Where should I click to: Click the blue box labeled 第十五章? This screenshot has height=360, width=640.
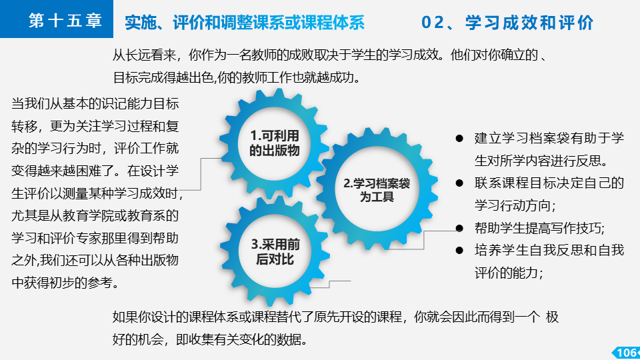click(56, 19)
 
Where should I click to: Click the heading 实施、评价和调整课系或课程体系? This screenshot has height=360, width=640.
click(245, 23)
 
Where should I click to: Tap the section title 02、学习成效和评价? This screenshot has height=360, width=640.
click(507, 23)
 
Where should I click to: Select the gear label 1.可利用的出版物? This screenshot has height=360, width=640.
click(274, 143)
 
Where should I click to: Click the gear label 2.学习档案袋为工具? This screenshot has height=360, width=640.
click(377, 190)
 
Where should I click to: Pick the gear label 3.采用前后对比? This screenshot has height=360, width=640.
click(275, 251)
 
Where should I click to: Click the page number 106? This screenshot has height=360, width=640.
click(627, 353)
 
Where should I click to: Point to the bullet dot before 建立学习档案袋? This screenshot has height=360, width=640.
click(459, 139)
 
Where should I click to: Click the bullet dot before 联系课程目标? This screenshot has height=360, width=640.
click(459, 183)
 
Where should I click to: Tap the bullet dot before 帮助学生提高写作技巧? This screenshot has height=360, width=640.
click(459, 228)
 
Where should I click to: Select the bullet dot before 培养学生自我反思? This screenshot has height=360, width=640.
click(459, 250)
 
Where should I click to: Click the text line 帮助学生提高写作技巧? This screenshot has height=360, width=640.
click(539, 228)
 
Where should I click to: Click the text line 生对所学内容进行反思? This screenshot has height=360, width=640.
click(541, 161)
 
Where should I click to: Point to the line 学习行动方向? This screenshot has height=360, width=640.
click(515, 205)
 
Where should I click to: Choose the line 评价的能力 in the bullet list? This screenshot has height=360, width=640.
click(509, 273)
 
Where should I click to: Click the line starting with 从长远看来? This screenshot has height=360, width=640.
click(330, 55)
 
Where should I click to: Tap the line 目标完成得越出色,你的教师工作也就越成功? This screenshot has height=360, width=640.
click(237, 77)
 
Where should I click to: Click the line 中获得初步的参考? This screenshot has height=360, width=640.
click(65, 283)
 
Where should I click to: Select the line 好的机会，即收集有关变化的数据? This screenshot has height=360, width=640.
click(210, 339)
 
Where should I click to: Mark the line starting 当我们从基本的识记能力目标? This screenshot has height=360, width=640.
click(95, 104)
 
